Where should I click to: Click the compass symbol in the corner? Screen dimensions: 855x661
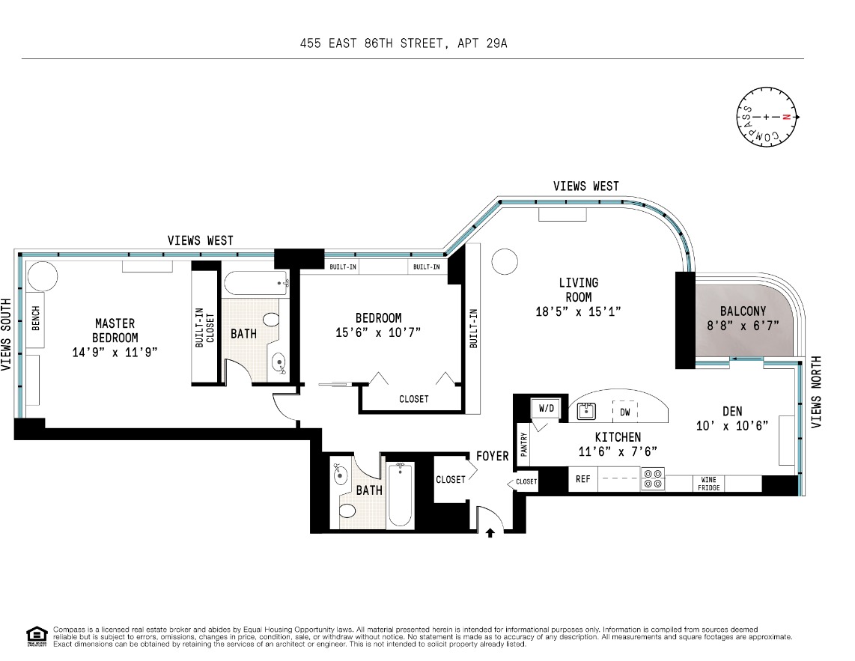[767, 117]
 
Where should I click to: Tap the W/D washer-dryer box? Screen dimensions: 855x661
[546, 409]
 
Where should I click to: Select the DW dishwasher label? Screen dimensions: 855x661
[625, 412]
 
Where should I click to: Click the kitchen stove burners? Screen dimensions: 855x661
[653, 479]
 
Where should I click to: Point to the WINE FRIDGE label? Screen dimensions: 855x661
[709, 484]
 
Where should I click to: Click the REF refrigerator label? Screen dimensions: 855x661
[583, 479]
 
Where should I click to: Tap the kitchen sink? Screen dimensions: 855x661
[586, 411]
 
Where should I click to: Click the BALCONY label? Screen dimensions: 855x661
[743, 311]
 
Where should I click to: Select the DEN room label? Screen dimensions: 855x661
[732, 411]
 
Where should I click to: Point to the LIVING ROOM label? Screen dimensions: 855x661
[579, 290]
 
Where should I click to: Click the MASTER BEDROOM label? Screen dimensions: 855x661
[115, 331]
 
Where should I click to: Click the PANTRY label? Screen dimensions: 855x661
[524, 445]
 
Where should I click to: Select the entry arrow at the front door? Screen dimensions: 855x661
[490, 533]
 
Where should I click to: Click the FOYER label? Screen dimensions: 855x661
[493, 456]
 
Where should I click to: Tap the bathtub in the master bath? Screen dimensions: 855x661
[256, 284]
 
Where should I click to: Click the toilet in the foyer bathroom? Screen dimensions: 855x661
[347, 511]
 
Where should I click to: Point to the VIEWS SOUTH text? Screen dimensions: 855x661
[6, 335]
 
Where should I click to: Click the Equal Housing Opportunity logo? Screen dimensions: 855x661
[37, 636]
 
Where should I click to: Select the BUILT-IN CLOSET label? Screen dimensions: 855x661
[204, 327]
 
